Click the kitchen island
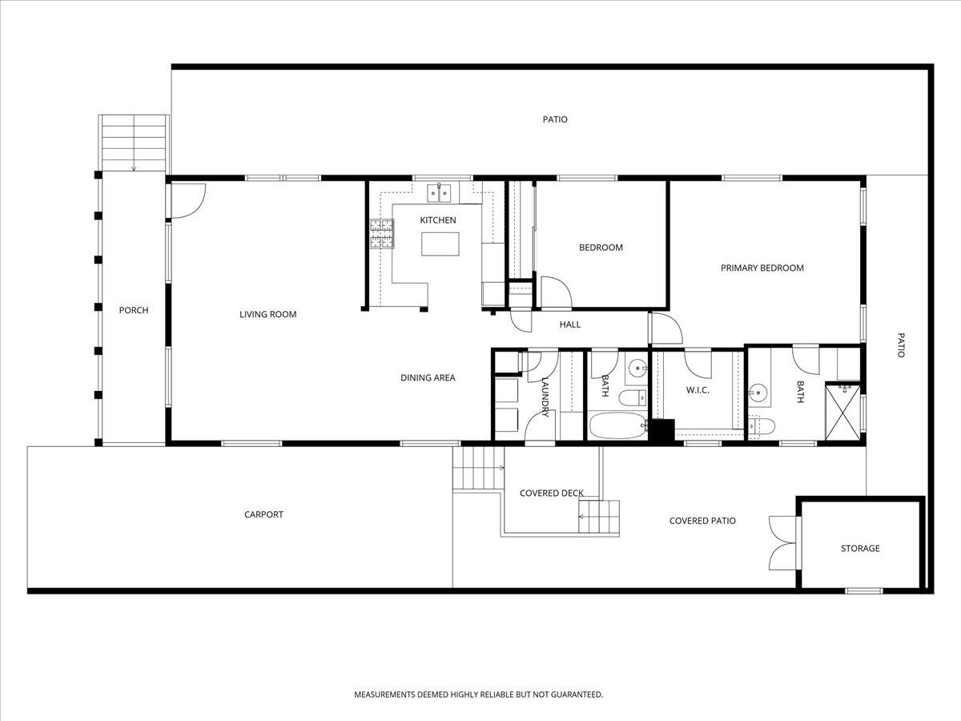tap(440, 244)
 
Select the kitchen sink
tap(438, 192)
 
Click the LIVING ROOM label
tap(267, 314)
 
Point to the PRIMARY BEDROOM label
tap(762, 268)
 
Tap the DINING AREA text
tap(428, 377)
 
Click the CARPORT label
tap(263, 514)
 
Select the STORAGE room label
tap(859, 548)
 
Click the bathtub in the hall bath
tap(617, 425)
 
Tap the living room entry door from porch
tap(187, 201)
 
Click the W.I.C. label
tap(698, 390)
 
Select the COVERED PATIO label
tap(702, 521)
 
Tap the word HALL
tap(569, 324)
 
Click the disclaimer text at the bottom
tap(478, 695)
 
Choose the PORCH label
tap(133, 310)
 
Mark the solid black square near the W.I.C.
tap(661, 431)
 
